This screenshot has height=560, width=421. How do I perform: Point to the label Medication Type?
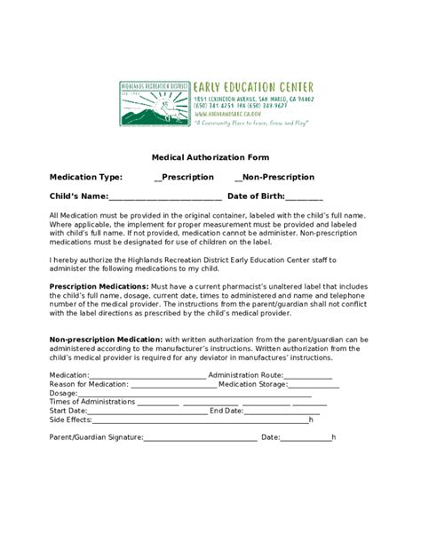[86, 176]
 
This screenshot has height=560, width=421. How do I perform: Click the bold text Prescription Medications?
[99, 286]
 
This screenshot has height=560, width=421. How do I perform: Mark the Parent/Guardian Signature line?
[200, 437]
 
